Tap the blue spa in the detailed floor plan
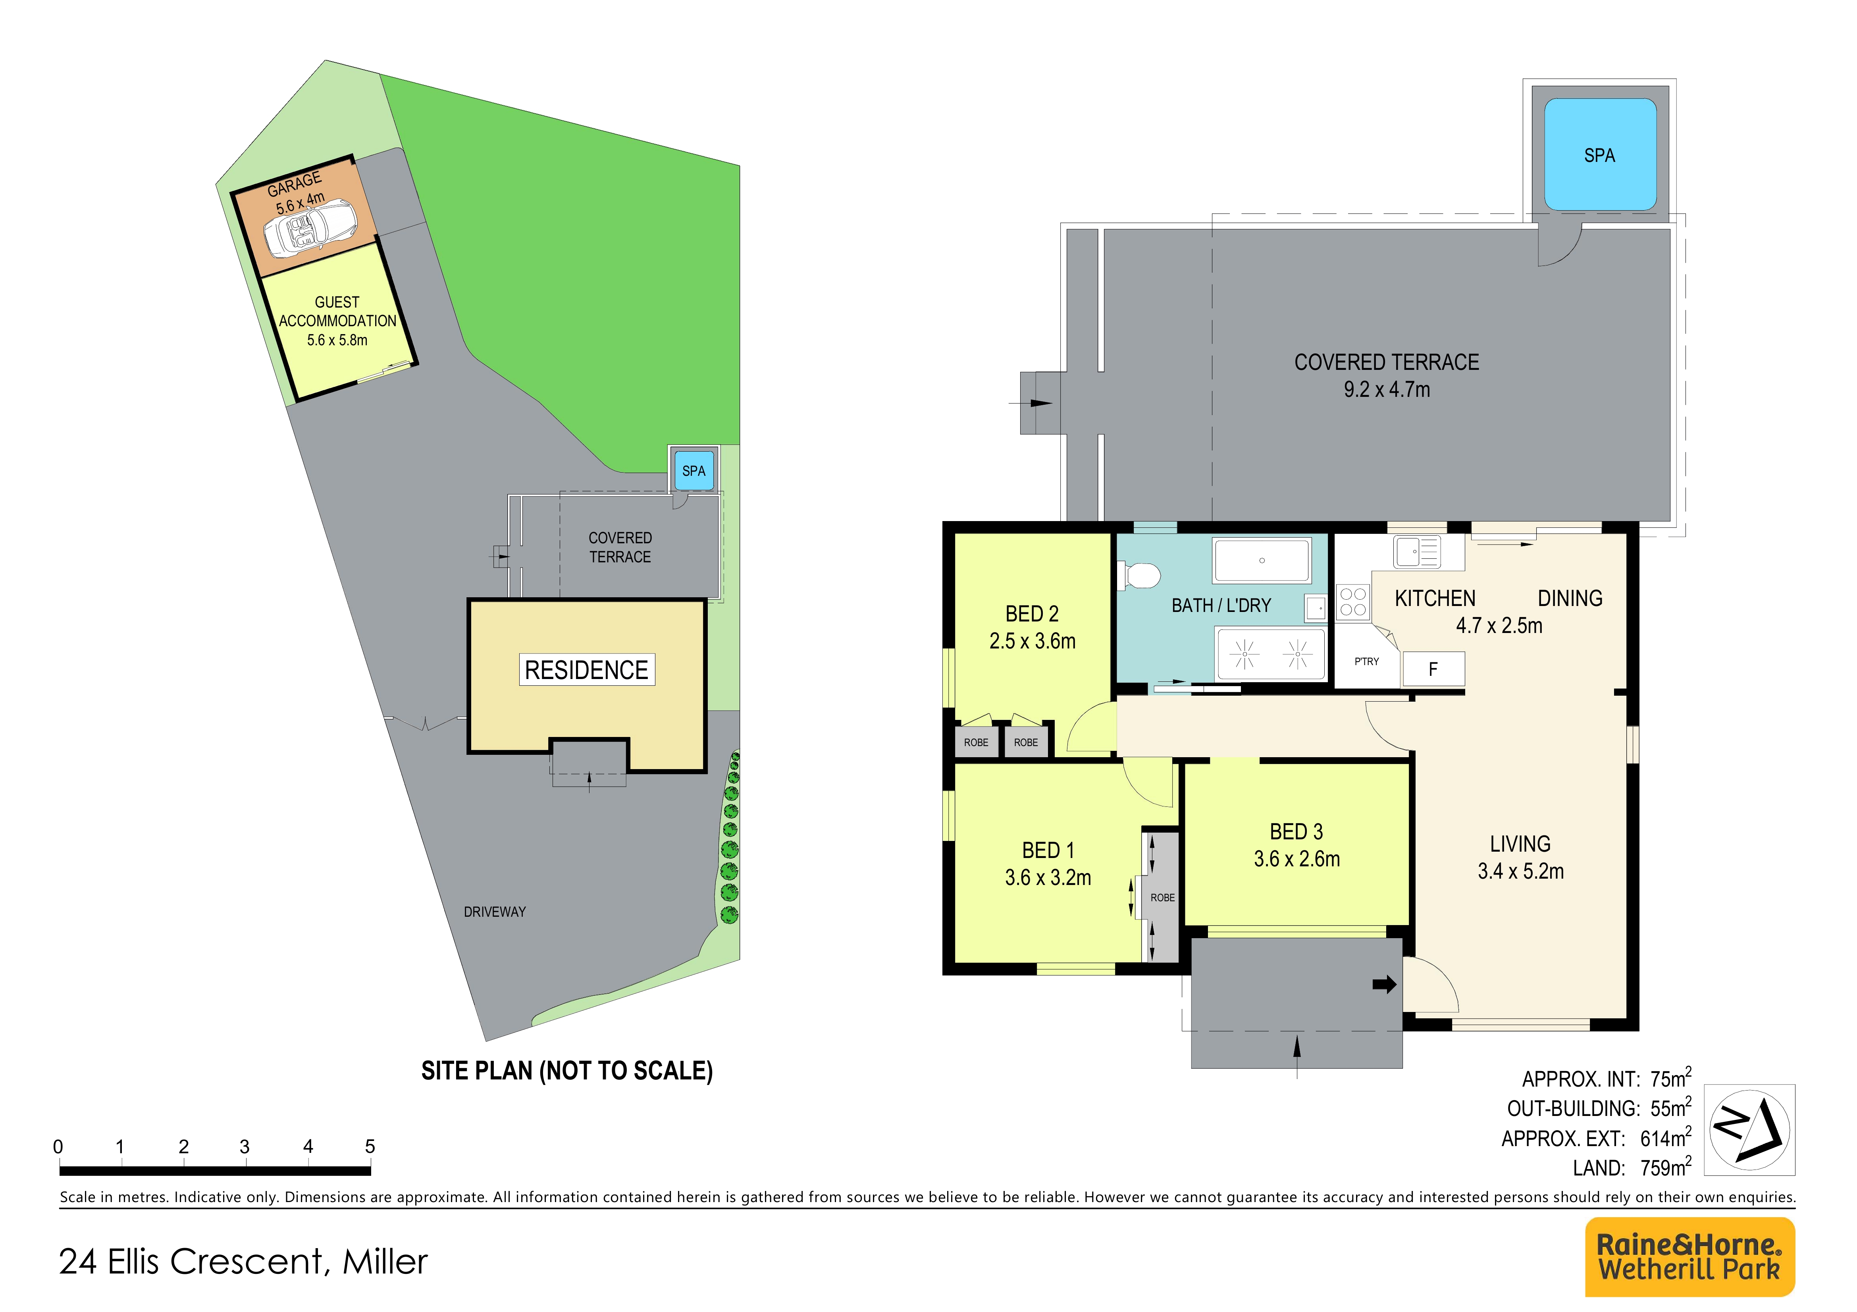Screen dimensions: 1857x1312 click(1600, 154)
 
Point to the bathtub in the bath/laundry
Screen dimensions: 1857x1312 click(1262, 560)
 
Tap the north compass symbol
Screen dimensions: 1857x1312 click(1749, 1129)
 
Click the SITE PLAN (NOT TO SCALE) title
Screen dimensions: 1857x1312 click(567, 1071)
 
